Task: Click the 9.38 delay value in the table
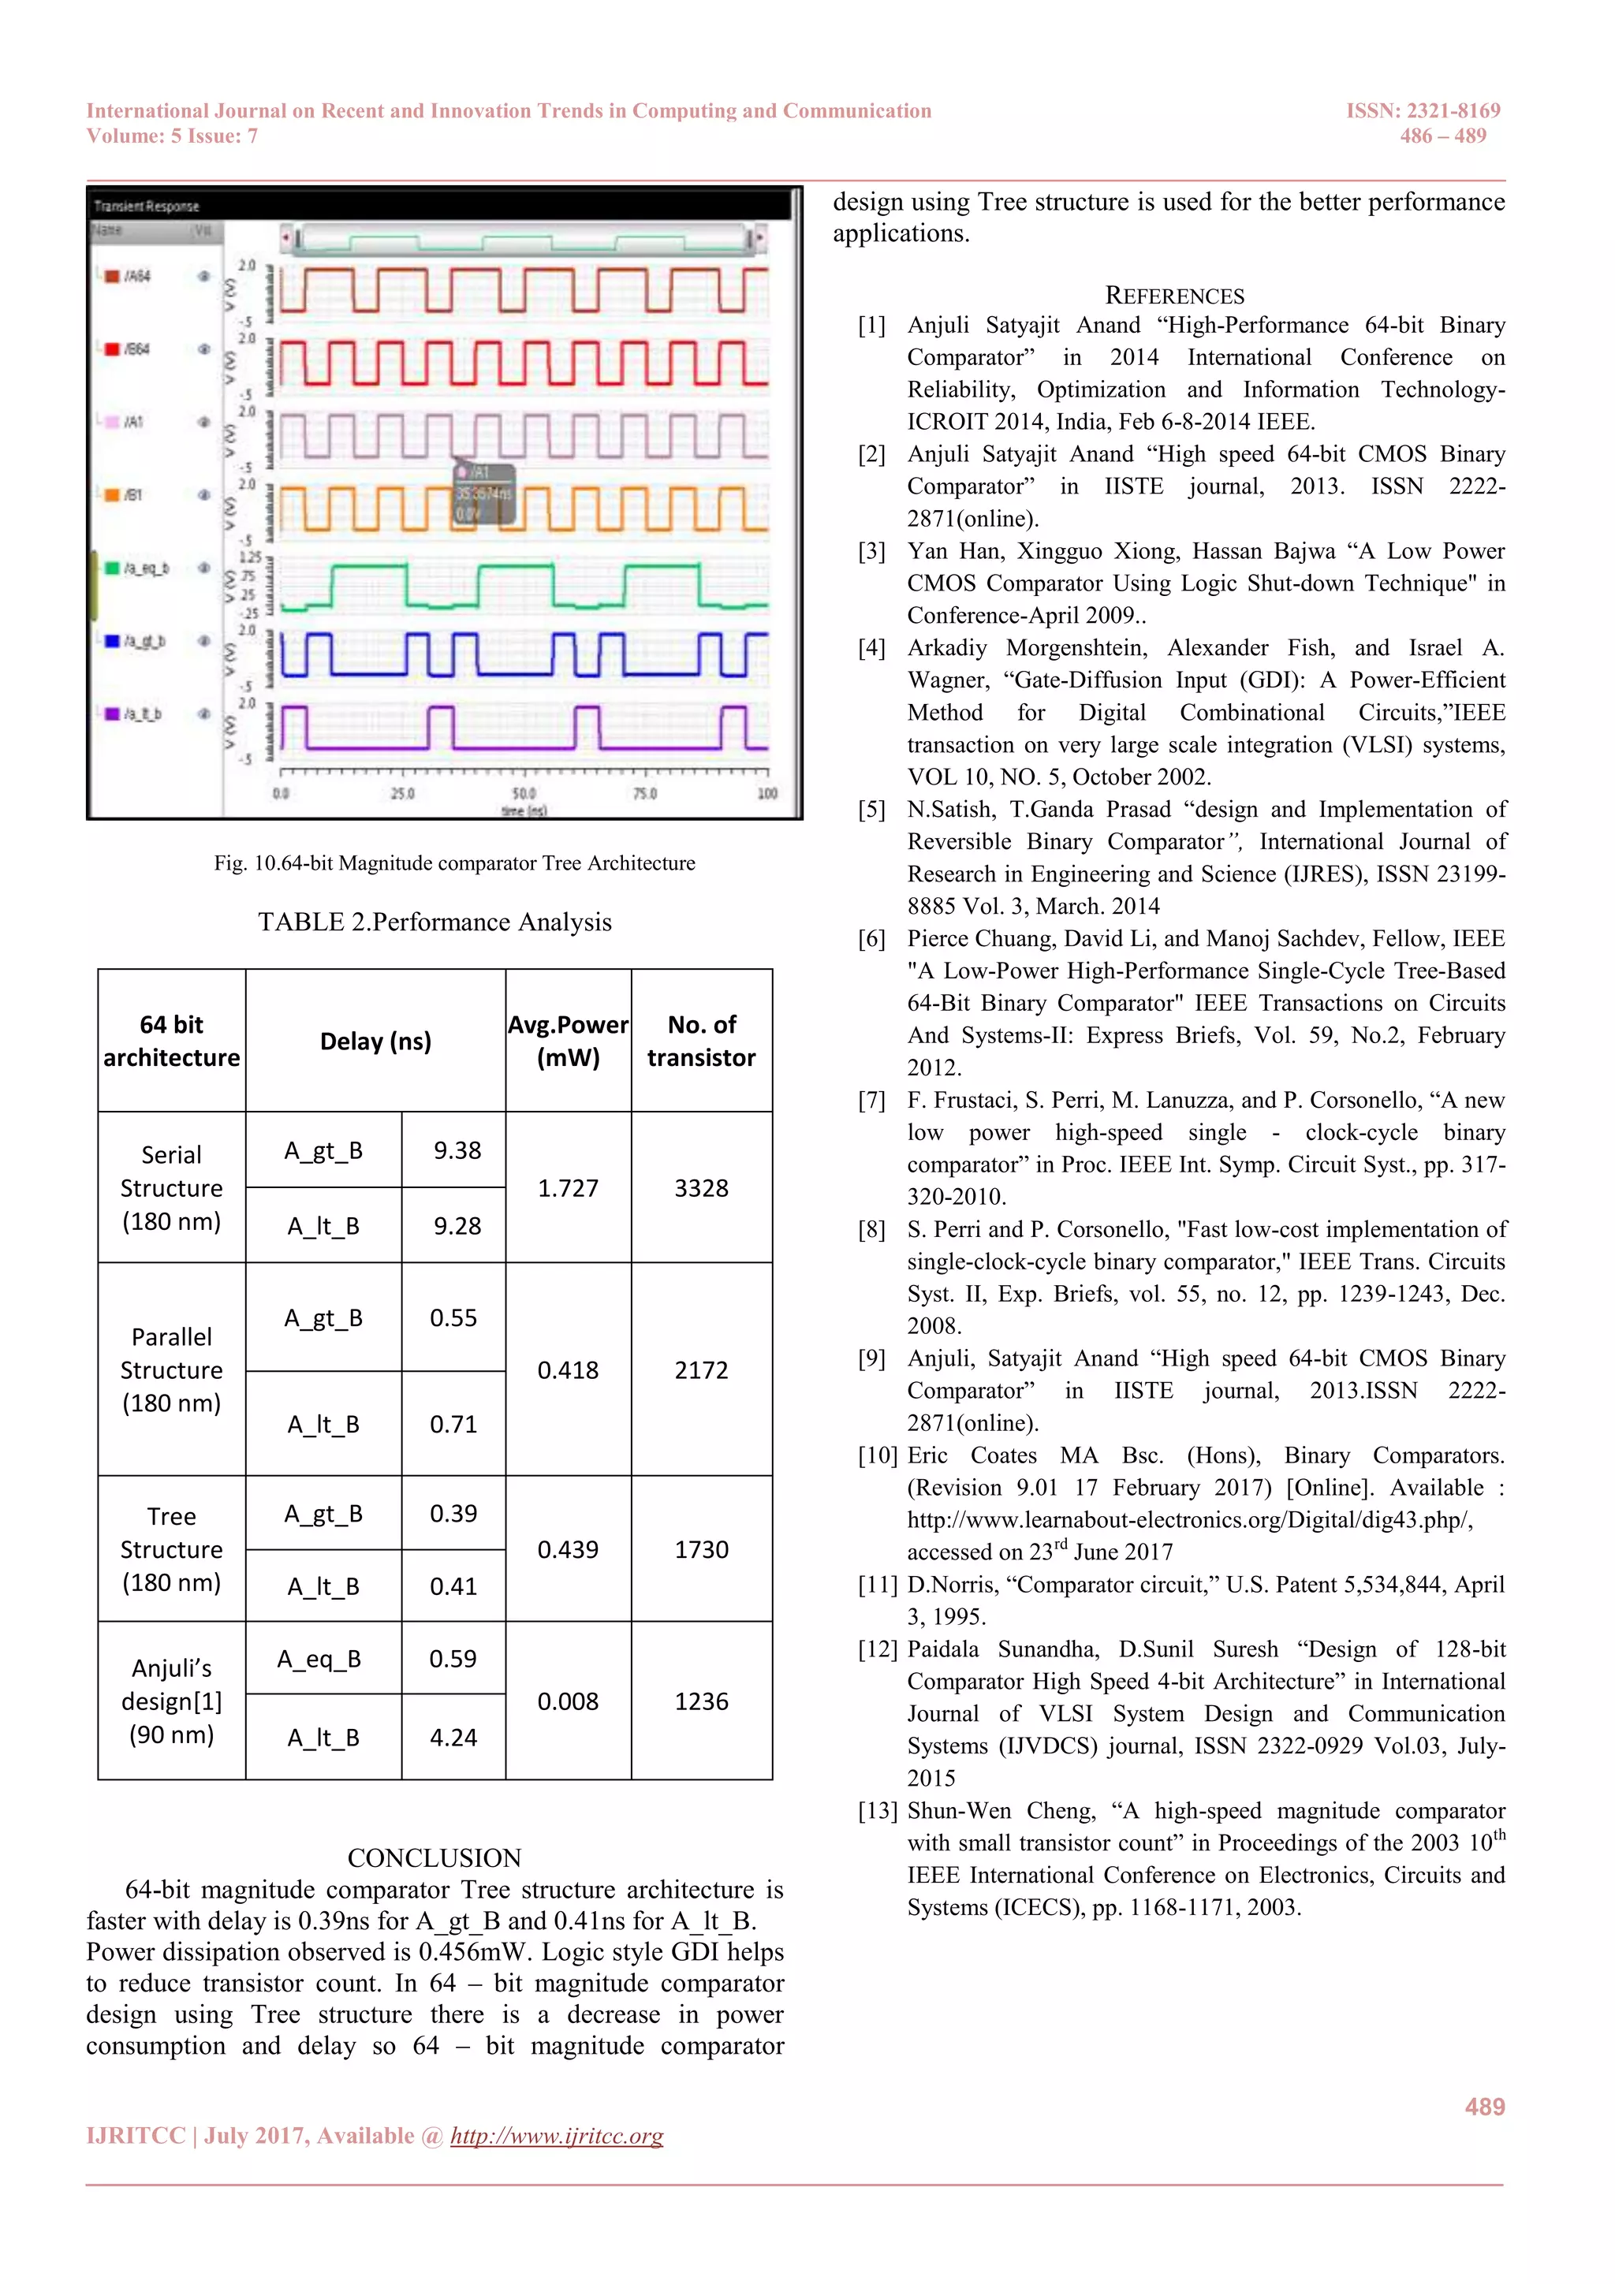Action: coord(457,1150)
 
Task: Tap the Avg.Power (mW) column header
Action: coord(569,1041)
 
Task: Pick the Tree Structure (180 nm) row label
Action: coord(171,1549)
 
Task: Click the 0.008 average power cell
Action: coord(569,1701)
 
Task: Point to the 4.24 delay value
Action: coord(453,1738)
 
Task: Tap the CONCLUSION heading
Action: coord(434,1857)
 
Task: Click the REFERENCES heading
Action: coord(1174,296)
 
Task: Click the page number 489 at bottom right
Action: coord(1483,2107)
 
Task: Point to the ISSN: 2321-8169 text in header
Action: coord(1422,110)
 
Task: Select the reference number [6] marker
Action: coord(871,938)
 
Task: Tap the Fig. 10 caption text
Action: coord(453,863)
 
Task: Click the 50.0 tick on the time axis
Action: coord(524,793)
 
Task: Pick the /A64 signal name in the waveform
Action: coord(137,276)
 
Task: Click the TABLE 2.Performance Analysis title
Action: coord(435,922)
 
